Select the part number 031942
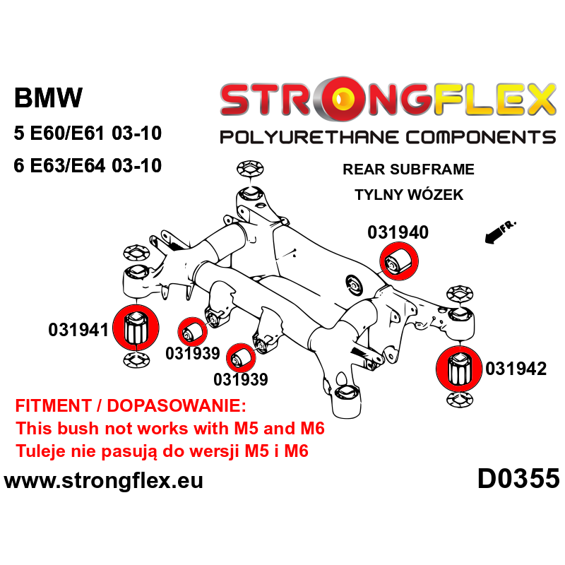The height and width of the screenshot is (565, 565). [x=516, y=368]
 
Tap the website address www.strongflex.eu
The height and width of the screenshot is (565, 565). [x=104, y=482]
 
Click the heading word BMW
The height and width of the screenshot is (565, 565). [x=48, y=97]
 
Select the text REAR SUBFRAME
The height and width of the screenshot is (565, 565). [x=408, y=169]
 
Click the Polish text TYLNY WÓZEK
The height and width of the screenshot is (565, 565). [x=409, y=194]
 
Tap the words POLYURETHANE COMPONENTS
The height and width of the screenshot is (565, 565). [x=387, y=136]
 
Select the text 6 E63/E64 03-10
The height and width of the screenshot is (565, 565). [x=88, y=166]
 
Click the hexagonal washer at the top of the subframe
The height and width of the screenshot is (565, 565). [x=248, y=169]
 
